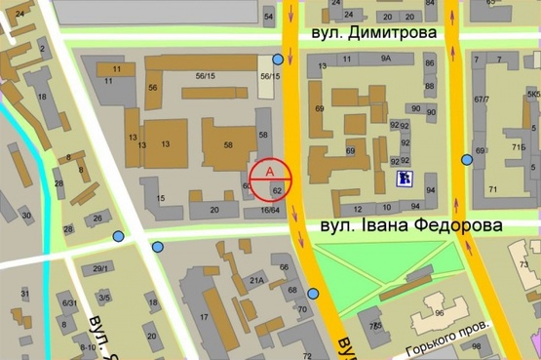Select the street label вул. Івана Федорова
pyautogui.click(x=412, y=226)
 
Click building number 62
pyautogui.click(x=278, y=190)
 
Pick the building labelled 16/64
pyautogui.click(x=270, y=210)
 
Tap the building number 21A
pyautogui.click(x=256, y=281)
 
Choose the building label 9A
pyautogui.click(x=386, y=60)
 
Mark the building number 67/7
pyautogui.click(x=481, y=100)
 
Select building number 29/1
pyautogui.click(x=99, y=268)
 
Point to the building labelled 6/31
pyautogui.click(x=69, y=303)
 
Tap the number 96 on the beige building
pyautogui.click(x=439, y=313)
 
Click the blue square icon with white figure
pyautogui.click(x=403, y=178)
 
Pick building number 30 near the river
pyautogui.click(x=26, y=216)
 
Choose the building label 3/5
pyautogui.click(x=104, y=298)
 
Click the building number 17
pyautogui.click(x=205, y=318)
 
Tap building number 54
pyautogui.click(x=268, y=17)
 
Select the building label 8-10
pyautogui.click(x=87, y=347)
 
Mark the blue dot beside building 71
pyautogui.click(x=468, y=159)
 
